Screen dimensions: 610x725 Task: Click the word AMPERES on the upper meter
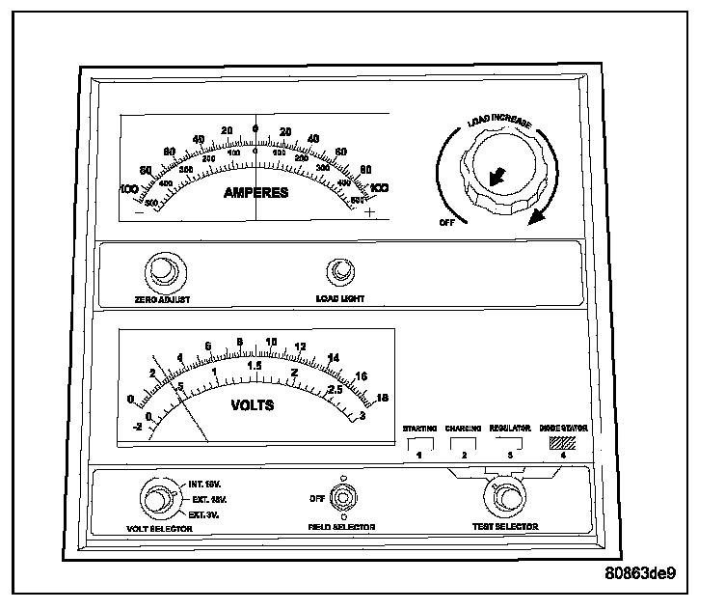(x=255, y=192)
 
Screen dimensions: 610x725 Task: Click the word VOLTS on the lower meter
(x=253, y=405)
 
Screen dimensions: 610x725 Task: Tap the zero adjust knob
(x=162, y=274)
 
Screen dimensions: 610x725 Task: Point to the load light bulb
(x=339, y=273)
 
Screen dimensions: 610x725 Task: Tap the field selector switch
(x=341, y=500)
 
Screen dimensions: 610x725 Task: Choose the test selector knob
(x=504, y=499)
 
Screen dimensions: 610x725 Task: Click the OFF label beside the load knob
(x=447, y=221)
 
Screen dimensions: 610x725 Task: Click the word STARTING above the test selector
(x=420, y=427)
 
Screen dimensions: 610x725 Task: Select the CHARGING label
(x=464, y=427)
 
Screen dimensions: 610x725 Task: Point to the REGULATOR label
(x=511, y=427)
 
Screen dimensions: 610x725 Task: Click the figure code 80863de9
(x=640, y=572)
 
